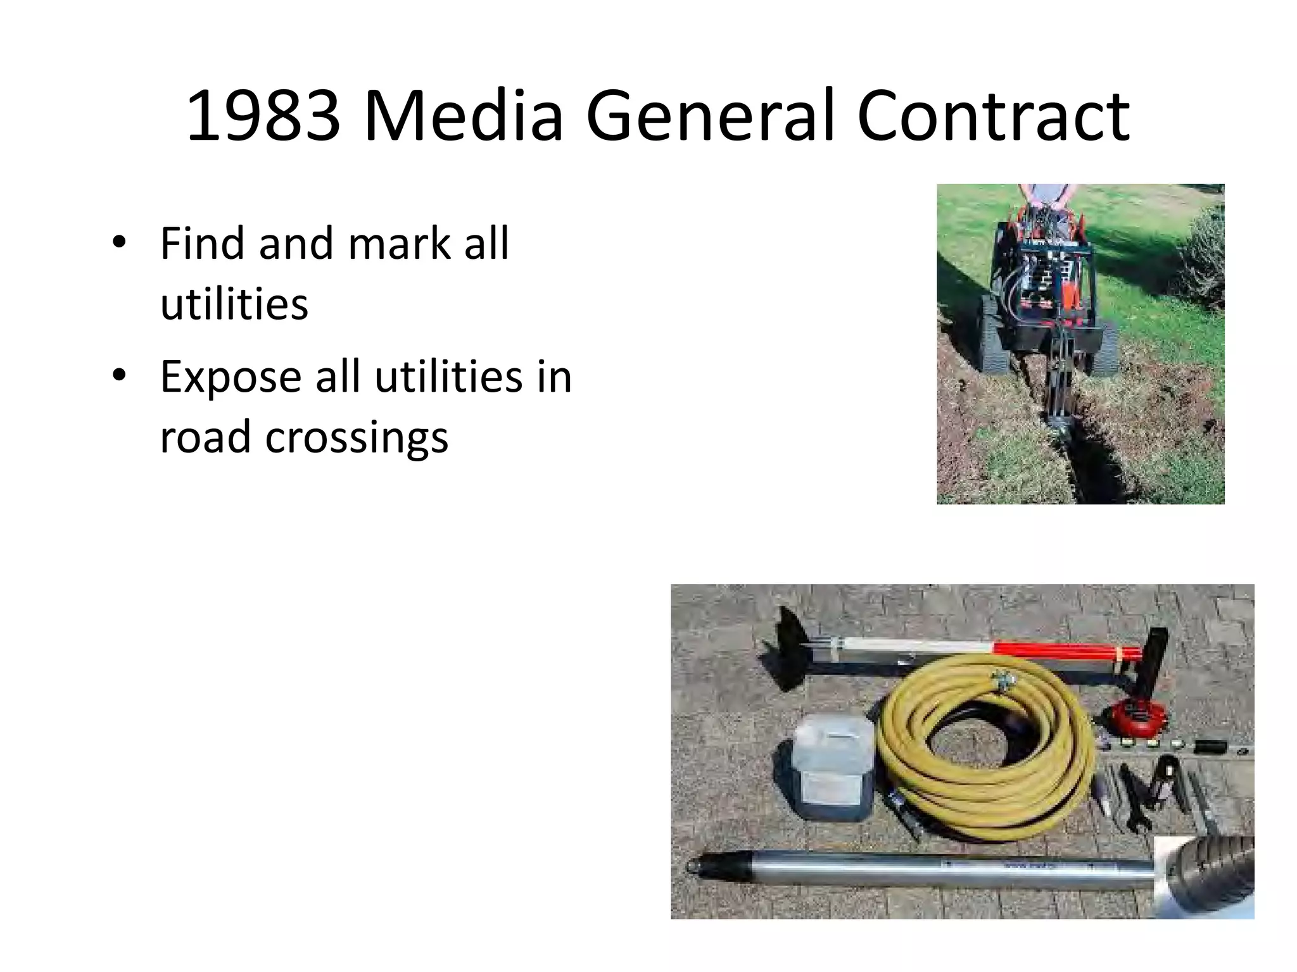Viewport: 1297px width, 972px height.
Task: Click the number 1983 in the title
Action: tap(262, 116)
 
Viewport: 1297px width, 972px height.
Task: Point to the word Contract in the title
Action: tap(992, 116)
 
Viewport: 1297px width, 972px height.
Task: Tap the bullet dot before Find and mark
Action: tap(118, 242)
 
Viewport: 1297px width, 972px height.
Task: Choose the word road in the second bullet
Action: tap(205, 437)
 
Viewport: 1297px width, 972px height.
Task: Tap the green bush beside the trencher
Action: tap(1200, 259)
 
